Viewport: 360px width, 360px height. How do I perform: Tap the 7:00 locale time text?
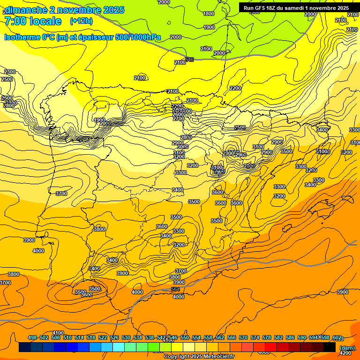(33, 21)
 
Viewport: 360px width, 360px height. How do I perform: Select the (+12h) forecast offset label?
(81, 21)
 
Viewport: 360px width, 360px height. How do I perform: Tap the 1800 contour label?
(209, 14)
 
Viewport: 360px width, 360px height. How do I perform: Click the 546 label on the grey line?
(189, 60)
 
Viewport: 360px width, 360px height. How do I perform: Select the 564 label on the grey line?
(175, 290)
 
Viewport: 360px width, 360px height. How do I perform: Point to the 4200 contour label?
(345, 353)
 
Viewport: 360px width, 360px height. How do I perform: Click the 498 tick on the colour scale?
(32, 337)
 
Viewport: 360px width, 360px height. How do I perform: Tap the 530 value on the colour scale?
(126, 337)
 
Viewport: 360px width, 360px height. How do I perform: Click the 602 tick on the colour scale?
(337, 337)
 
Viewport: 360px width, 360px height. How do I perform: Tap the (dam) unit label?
(347, 348)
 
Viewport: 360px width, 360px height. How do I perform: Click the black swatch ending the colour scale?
(330, 347)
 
